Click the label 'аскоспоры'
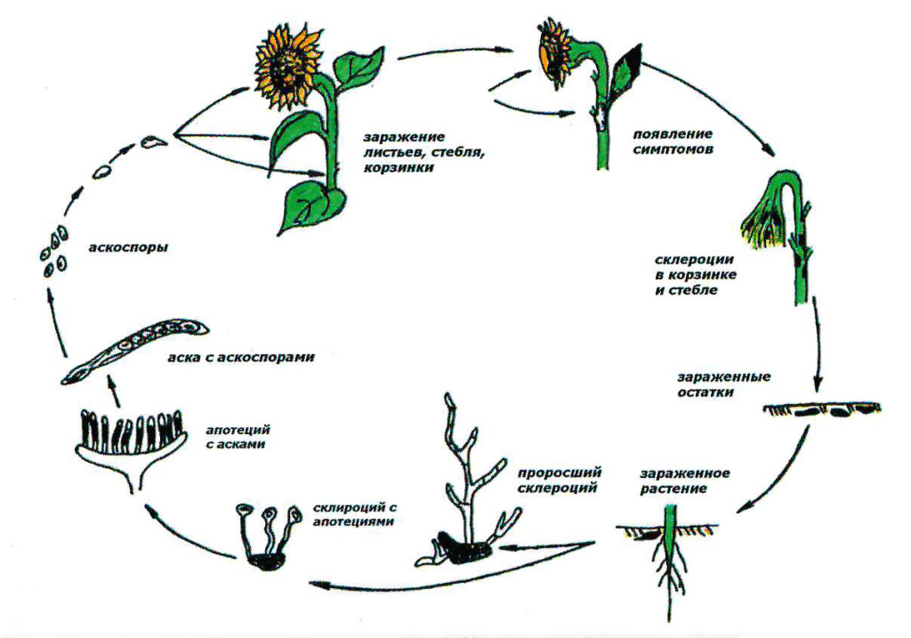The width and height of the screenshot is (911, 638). tap(128, 247)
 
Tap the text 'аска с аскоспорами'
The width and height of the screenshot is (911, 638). tap(241, 357)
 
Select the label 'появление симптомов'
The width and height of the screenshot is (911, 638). tap(673, 141)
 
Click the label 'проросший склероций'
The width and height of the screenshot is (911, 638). tap(559, 480)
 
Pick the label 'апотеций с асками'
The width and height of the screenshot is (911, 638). tap(238, 437)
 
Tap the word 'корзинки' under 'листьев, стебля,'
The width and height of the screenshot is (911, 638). tap(399, 168)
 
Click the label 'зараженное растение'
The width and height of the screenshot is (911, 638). tap(685, 481)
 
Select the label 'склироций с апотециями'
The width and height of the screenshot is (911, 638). tap(354, 514)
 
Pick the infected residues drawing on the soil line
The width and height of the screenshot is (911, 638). tap(821, 409)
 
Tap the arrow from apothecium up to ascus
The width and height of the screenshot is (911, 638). tap(115, 391)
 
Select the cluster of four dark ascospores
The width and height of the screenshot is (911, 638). tap(54, 250)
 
